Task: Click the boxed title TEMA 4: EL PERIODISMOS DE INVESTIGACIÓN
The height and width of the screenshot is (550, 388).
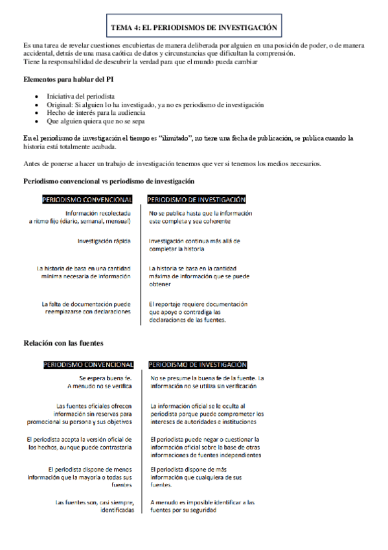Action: coord(194,28)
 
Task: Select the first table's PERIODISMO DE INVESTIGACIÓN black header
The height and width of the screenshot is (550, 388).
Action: coord(197,200)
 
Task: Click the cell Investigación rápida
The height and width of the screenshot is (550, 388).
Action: coord(104,241)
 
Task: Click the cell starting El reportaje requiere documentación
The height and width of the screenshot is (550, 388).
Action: coord(198,311)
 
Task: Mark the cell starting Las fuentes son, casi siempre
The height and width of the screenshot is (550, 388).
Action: coord(95,506)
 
